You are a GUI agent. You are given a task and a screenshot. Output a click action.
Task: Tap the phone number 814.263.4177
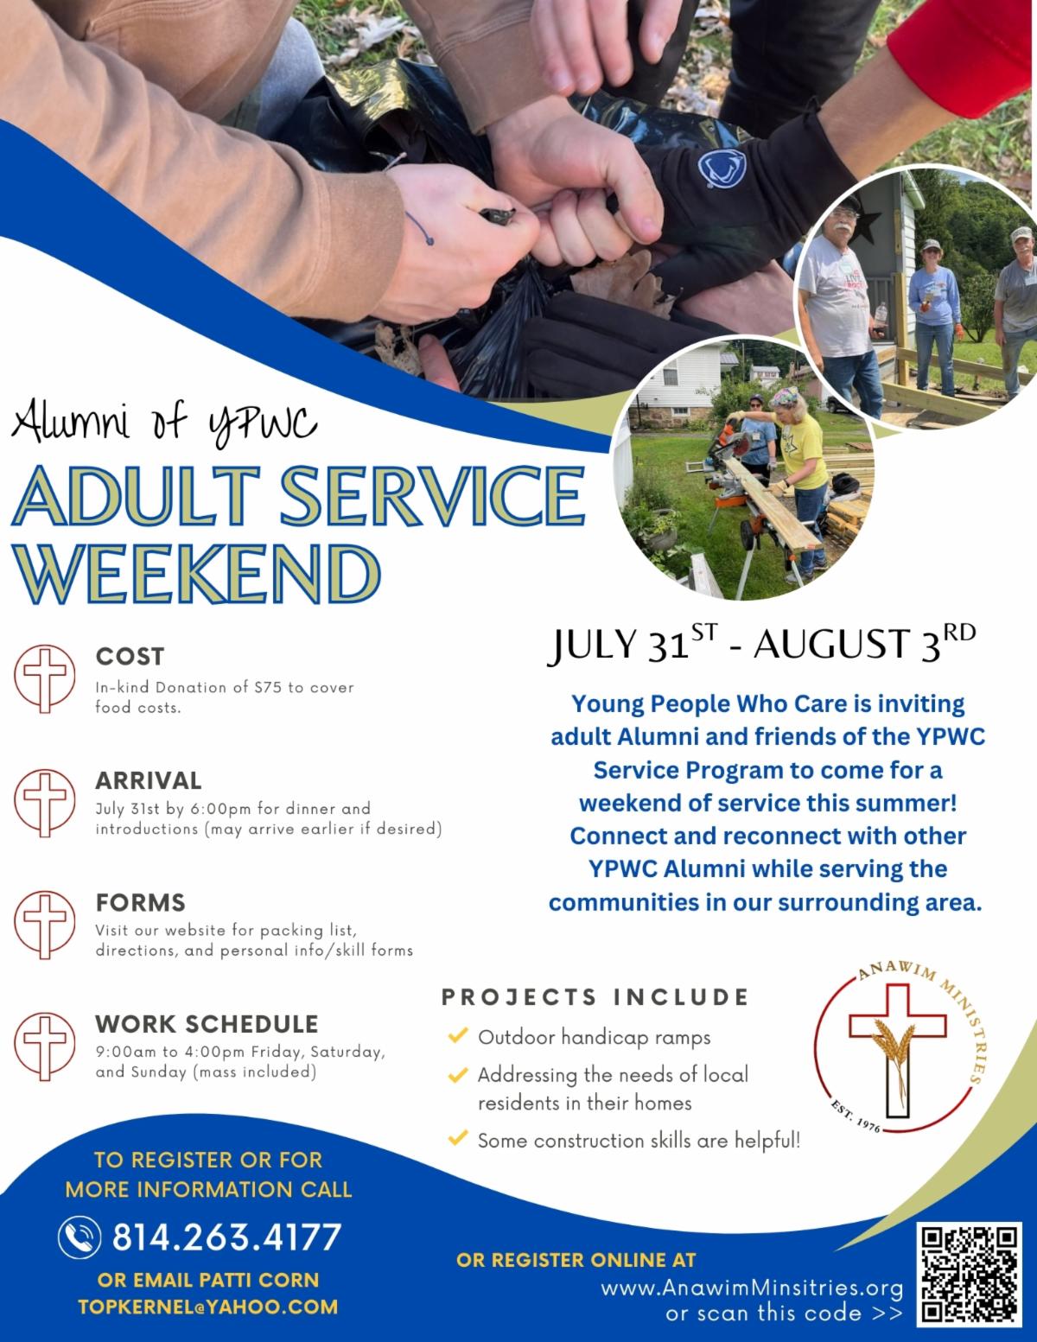point(226,1237)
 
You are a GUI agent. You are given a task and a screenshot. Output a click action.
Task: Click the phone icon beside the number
point(80,1237)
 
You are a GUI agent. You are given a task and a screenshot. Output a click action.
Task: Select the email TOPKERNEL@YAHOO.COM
point(208,1307)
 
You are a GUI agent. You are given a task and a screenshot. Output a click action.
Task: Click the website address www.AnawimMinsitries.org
point(752,1288)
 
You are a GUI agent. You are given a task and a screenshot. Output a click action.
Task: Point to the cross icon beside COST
point(44,678)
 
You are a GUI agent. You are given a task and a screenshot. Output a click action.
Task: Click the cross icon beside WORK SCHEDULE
point(44,1046)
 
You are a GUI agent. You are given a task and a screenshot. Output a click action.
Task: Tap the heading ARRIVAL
point(149,780)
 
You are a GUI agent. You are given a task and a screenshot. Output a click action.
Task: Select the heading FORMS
point(140,902)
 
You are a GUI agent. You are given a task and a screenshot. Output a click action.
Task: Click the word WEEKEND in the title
point(196,574)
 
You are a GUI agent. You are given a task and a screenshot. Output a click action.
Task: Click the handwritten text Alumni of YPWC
point(164,423)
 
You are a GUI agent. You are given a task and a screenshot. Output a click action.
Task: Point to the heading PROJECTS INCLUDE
point(595,996)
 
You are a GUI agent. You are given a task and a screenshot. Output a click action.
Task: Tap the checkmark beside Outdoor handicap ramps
point(458,1035)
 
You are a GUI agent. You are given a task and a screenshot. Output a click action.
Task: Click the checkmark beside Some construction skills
point(458,1137)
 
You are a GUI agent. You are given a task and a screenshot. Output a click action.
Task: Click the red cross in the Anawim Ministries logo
point(897,1050)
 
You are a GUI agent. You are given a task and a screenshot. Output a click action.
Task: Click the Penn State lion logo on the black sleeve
point(722,168)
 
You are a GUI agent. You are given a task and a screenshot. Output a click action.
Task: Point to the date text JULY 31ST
point(633,643)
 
